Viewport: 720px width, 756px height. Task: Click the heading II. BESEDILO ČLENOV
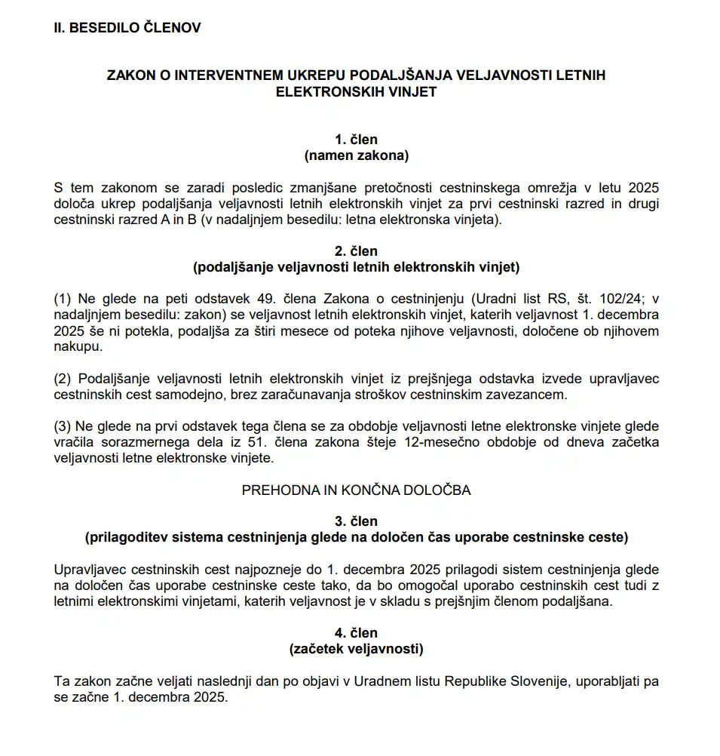click(x=127, y=28)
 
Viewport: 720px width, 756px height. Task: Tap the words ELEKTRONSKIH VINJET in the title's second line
click(x=357, y=91)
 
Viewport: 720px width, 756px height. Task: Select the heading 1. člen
click(x=357, y=140)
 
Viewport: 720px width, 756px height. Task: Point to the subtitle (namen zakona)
click(x=357, y=155)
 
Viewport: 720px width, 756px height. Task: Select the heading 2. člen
click(x=357, y=251)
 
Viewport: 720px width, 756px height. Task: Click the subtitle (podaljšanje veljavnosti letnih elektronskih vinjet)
click(x=357, y=267)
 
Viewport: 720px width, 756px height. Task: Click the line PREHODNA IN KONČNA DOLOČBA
click(x=357, y=490)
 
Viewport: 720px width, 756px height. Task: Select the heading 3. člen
click(x=357, y=521)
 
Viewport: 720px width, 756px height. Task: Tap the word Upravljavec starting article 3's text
click(x=89, y=570)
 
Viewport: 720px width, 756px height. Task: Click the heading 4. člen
click(x=357, y=633)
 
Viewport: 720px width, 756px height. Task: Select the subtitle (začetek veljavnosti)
click(x=357, y=649)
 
